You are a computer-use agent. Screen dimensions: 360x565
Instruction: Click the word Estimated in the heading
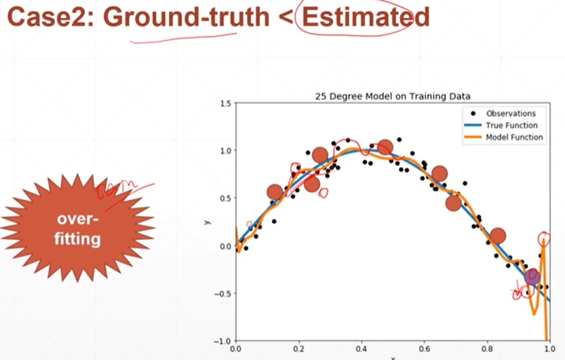coord(366,16)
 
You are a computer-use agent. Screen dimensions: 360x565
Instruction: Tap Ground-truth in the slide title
coord(187,16)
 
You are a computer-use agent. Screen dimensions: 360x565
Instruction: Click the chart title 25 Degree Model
coord(393,96)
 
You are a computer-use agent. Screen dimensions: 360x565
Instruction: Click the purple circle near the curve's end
coord(532,276)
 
